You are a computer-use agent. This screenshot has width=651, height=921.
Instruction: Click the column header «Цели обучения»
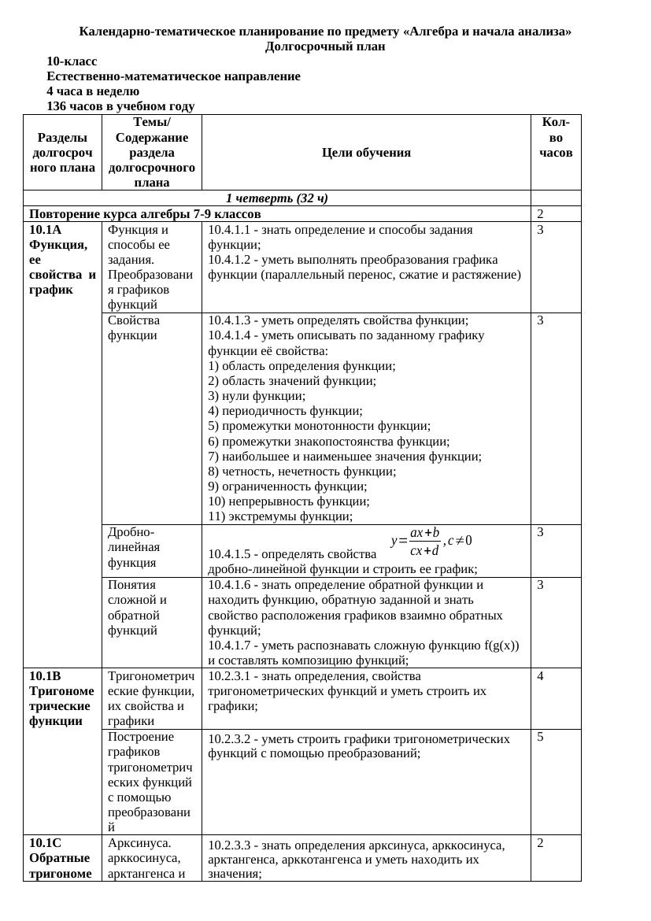click(366, 153)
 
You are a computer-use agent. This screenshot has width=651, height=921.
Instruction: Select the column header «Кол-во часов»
click(556, 138)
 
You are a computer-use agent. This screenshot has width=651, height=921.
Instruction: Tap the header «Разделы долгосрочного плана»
click(62, 153)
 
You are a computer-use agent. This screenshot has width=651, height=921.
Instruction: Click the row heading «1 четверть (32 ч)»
click(277, 198)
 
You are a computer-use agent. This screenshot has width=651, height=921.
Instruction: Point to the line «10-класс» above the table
click(72, 61)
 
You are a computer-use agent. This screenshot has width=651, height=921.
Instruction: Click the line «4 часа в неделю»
click(93, 91)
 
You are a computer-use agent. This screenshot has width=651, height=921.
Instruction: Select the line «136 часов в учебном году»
click(120, 106)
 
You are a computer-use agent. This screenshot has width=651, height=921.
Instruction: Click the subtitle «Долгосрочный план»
click(325, 46)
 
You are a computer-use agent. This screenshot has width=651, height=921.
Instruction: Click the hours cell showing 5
click(541, 737)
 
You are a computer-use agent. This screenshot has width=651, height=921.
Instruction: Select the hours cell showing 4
click(541, 676)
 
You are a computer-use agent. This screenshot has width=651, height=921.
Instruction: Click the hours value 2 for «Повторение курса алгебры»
click(541, 214)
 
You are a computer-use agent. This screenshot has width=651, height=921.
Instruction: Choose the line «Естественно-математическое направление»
click(173, 76)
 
